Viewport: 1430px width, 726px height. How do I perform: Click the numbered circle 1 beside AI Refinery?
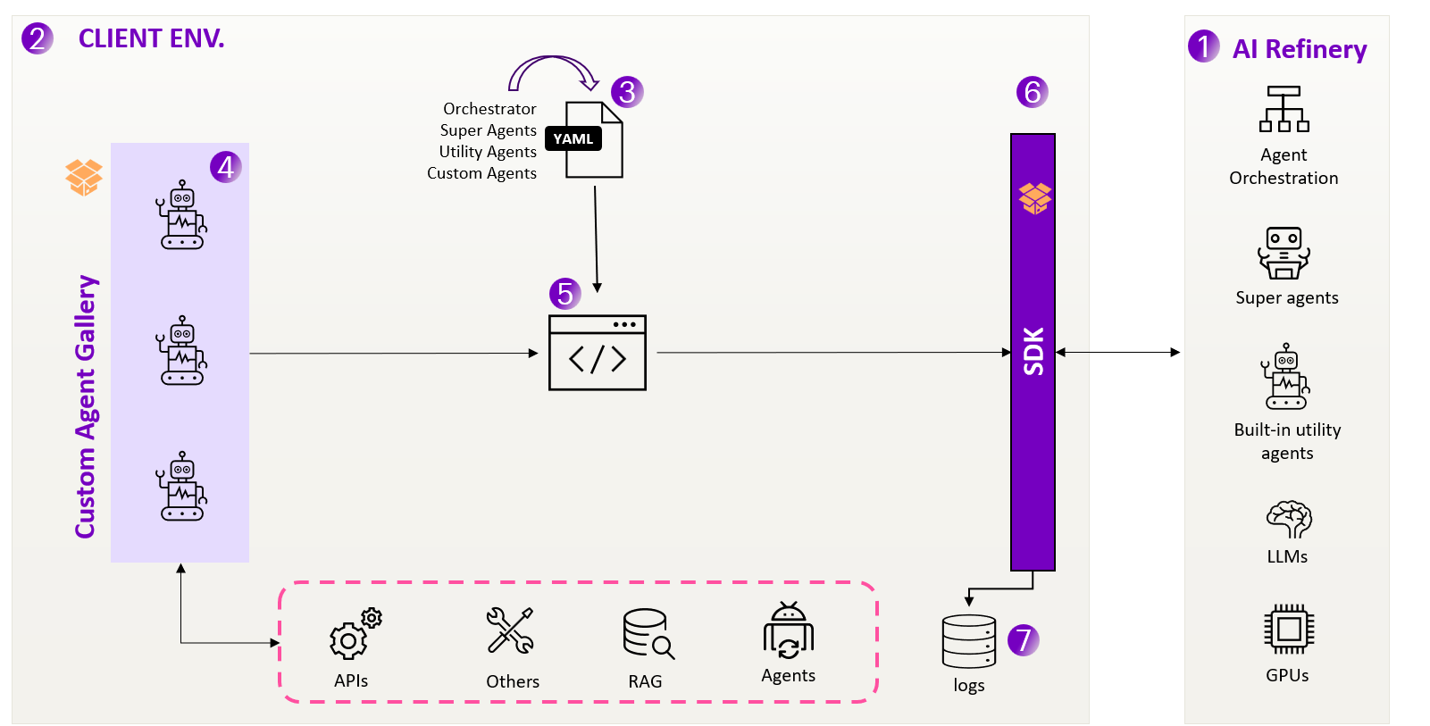point(1203,46)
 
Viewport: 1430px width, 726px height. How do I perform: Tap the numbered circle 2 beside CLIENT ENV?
point(38,38)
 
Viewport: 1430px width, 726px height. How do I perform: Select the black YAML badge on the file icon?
point(573,138)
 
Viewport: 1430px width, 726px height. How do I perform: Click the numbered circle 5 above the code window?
point(564,293)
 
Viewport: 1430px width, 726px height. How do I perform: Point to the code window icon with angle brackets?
point(598,353)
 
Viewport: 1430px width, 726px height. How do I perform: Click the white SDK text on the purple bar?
point(1033,351)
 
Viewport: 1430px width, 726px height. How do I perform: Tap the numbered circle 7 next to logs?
point(1024,639)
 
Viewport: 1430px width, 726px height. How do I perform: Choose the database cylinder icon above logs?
point(969,641)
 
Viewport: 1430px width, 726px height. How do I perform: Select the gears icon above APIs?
point(355,633)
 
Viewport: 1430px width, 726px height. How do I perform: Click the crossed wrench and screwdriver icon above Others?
point(510,630)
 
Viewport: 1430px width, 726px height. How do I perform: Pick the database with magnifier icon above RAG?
point(648,634)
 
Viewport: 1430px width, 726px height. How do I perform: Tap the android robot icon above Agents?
point(789,631)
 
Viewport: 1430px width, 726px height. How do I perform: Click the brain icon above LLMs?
point(1288,519)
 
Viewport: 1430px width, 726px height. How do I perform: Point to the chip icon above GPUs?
point(1288,629)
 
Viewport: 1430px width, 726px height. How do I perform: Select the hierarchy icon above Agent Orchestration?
point(1284,109)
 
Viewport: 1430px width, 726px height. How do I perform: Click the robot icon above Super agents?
point(1284,254)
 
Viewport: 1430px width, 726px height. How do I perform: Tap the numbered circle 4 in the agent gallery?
point(226,167)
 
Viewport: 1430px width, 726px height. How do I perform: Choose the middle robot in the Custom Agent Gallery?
point(182,350)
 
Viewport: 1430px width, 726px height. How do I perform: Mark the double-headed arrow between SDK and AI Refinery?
point(1118,353)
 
